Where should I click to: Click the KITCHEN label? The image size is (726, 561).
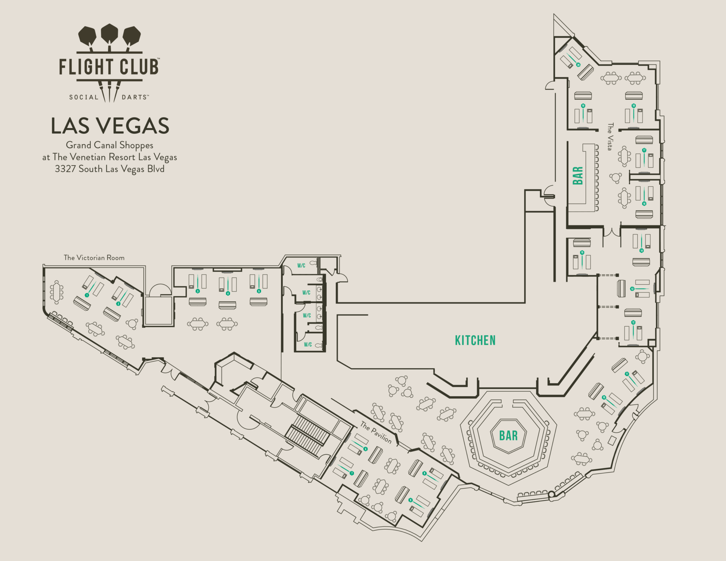pyautogui.click(x=475, y=340)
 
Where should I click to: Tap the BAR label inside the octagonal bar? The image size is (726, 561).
pyautogui.click(x=508, y=435)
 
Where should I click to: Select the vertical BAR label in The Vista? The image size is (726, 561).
pyautogui.click(x=578, y=175)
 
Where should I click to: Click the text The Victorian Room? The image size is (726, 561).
pyautogui.click(x=94, y=258)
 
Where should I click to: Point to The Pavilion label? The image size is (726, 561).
pyautogui.click(x=376, y=432)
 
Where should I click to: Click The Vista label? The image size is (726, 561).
pyautogui.click(x=610, y=136)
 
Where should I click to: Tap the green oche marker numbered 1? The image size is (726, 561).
pyautogui.click(x=87, y=295)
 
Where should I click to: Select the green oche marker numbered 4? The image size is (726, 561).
pyautogui.click(x=228, y=293)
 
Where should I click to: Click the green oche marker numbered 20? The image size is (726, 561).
pyautogui.click(x=578, y=65)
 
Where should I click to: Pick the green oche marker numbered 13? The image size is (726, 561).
pyautogui.click(x=632, y=289)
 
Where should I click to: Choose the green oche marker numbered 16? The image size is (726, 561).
pyautogui.click(x=644, y=204)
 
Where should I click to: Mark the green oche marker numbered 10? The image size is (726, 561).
pyautogui.click(x=604, y=397)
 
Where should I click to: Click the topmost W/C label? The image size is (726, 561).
pyautogui.click(x=301, y=265)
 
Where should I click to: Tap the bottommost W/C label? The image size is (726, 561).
pyautogui.click(x=308, y=344)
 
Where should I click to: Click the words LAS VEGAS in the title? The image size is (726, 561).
pyautogui.click(x=110, y=126)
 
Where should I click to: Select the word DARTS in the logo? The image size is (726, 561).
pyautogui.click(x=134, y=97)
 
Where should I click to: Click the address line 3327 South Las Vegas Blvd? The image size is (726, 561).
pyautogui.click(x=110, y=169)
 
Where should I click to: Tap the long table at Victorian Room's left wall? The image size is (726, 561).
pyautogui.click(x=57, y=292)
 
